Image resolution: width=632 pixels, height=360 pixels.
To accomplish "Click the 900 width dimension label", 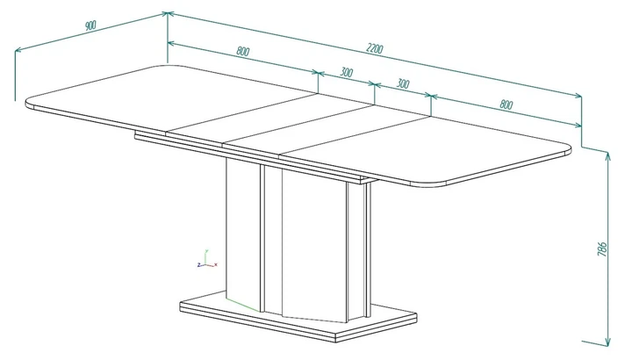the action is coord(90,25).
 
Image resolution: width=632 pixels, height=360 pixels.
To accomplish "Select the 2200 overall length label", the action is coord(375,48).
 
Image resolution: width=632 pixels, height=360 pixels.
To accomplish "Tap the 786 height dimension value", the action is coord(601,249).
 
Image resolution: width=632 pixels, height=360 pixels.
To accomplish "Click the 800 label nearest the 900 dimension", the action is coord(243,51).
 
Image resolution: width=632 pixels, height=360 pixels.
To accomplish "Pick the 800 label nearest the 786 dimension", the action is coord(506,104).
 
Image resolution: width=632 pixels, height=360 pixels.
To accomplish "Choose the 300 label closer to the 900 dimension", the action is coord(346,72).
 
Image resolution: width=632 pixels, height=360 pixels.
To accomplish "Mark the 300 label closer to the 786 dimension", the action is coord(403,83).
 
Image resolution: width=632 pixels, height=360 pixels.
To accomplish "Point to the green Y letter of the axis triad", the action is coord(206,251).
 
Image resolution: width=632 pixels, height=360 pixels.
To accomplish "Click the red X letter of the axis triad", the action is coord(216,264).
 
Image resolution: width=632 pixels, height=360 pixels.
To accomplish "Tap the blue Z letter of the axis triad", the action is coord(198,265).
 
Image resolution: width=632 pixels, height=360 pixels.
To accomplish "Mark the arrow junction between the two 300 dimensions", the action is coord(375,84).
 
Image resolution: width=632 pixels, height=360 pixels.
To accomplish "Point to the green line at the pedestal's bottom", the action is coord(243,306).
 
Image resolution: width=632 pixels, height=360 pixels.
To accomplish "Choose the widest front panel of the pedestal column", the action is coord(314,244).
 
